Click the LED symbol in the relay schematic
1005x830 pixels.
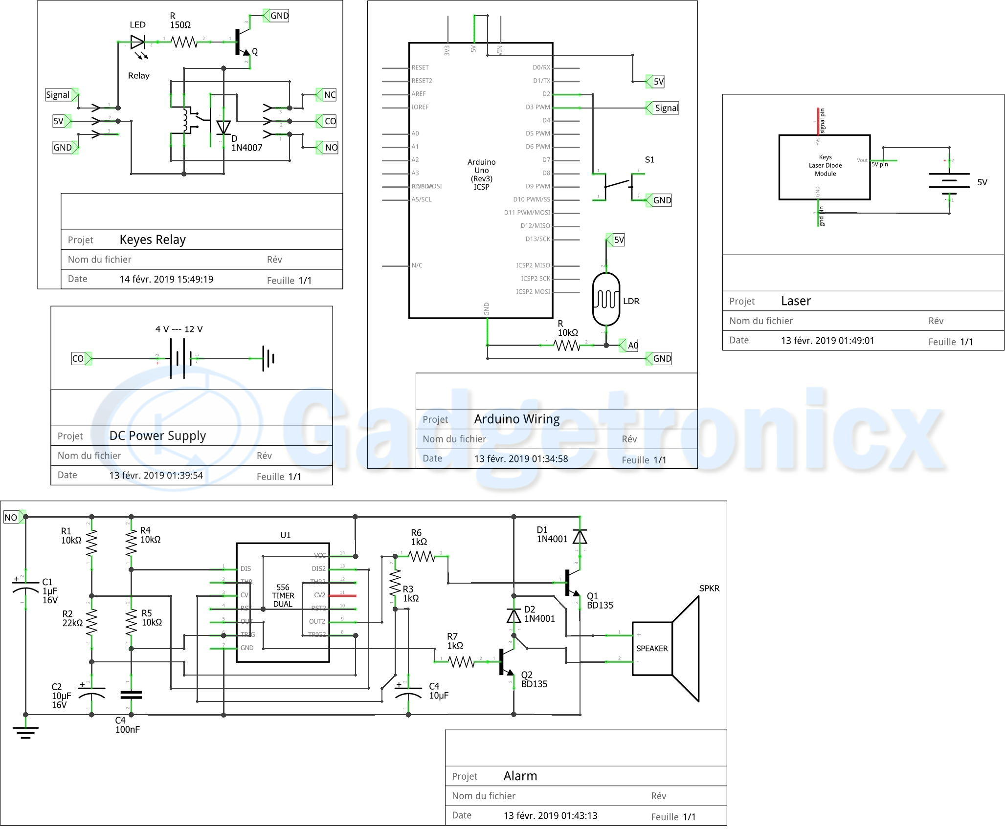pyautogui.click(x=138, y=43)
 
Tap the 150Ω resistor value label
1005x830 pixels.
pyautogui.click(x=180, y=25)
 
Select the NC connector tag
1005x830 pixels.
pyautogui.click(x=330, y=95)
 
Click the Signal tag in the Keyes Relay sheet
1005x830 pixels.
pyautogui.click(x=58, y=95)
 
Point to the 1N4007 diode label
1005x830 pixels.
pyautogui.click(x=246, y=148)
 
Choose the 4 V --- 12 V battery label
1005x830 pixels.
pyautogui.click(x=179, y=329)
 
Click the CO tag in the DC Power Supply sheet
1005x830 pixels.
pyautogui.click(x=78, y=358)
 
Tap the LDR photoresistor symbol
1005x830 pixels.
pyautogui.click(x=606, y=299)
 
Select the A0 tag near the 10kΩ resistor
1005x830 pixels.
pyautogui.click(x=632, y=346)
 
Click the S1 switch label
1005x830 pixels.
pyautogui.click(x=649, y=160)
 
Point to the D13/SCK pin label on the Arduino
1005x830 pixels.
pyautogui.click(x=537, y=239)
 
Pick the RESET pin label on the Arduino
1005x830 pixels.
pyautogui.click(x=420, y=67)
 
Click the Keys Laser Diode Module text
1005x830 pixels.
pyautogui.click(x=825, y=165)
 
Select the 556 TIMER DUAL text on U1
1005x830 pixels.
pyautogui.click(x=283, y=595)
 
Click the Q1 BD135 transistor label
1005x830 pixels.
pyautogui.click(x=600, y=601)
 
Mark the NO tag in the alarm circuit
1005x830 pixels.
pyautogui.click(x=11, y=517)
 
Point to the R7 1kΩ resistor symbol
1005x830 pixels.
pyautogui.click(x=461, y=662)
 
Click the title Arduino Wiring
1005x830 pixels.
pyautogui.click(x=517, y=419)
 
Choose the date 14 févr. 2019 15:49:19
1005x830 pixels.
pyautogui.click(x=166, y=279)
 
